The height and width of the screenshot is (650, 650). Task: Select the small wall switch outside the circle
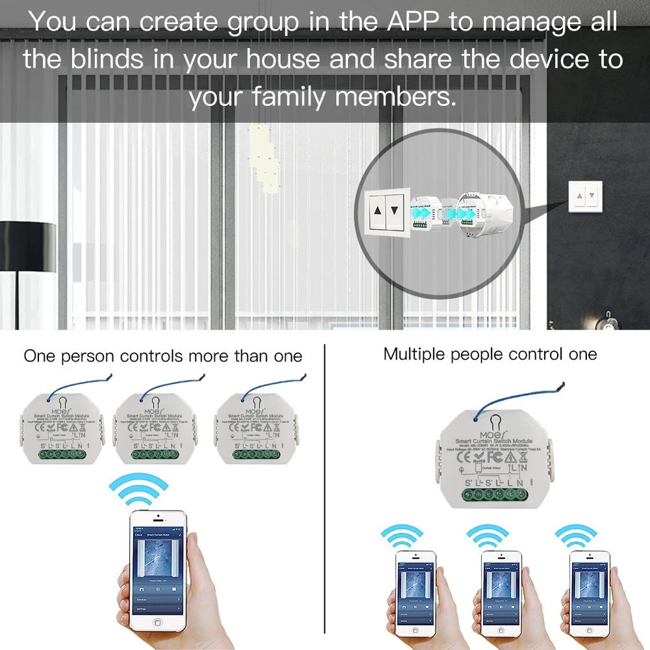click(585, 195)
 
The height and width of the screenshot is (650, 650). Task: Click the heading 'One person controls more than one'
click(163, 356)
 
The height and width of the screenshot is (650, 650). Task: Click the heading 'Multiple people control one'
click(490, 354)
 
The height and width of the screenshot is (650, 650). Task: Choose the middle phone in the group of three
click(500, 588)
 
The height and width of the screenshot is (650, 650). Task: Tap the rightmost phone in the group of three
click(589, 588)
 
